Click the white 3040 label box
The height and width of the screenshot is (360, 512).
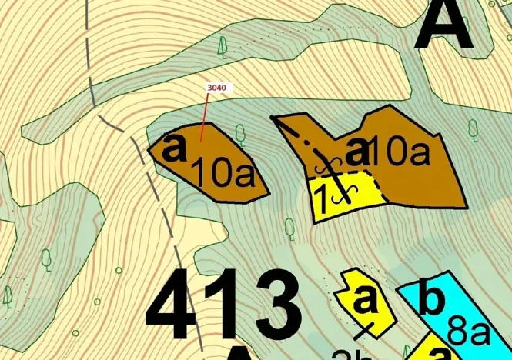pos(217,88)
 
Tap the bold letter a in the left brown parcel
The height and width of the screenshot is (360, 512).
pos(176,147)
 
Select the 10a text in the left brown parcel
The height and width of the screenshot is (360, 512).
pos(223,174)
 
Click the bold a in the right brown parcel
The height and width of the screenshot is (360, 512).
pos(357,151)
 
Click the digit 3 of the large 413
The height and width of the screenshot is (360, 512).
pos(269,305)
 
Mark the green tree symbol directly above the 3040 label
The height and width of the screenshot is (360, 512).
pos(223,48)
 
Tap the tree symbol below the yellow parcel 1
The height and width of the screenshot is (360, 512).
pos(290,228)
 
